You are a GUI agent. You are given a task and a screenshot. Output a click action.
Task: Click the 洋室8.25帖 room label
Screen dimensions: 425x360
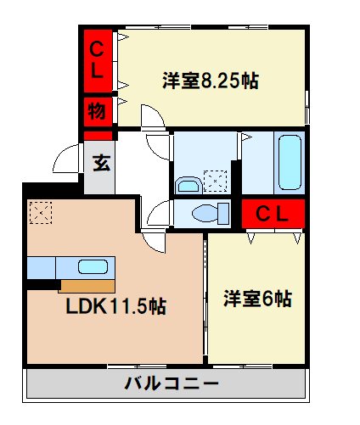pos(211,82)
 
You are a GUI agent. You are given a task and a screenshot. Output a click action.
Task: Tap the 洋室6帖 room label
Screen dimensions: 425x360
pos(257,299)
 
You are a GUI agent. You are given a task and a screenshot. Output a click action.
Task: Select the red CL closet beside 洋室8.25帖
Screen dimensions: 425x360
pos(98,59)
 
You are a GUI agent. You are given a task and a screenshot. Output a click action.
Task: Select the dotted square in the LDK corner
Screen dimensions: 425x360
pos(40,212)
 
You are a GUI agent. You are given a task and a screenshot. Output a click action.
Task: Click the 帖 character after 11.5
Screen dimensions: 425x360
pos(156,307)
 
